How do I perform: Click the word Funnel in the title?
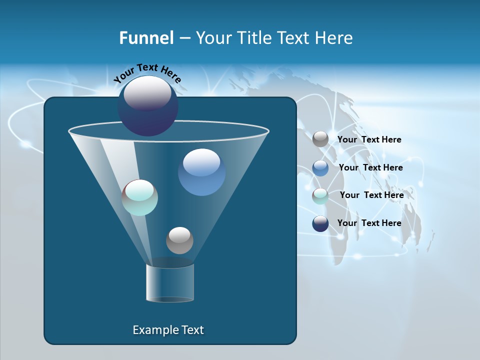click(x=146, y=38)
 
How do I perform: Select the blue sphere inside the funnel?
click(x=201, y=172)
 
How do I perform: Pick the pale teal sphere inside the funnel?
click(x=139, y=197)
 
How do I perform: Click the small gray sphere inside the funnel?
click(x=179, y=240)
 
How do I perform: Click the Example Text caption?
click(x=168, y=330)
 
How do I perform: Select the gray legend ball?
click(x=320, y=139)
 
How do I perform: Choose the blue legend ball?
click(x=320, y=168)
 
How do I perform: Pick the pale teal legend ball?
click(x=320, y=195)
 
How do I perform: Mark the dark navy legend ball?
click(x=320, y=223)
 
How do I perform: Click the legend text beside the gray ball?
click(x=369, y=140)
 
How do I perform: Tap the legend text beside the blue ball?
click(x=370, y=168)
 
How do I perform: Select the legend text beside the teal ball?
click(x=371, y=195)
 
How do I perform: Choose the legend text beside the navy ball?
click(x=369, y=223)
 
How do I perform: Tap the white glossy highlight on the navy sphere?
click(x=147, y=92)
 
